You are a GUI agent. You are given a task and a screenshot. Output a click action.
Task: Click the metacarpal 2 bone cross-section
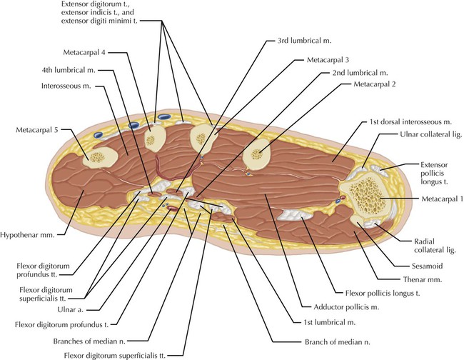click(x=258, y=153)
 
